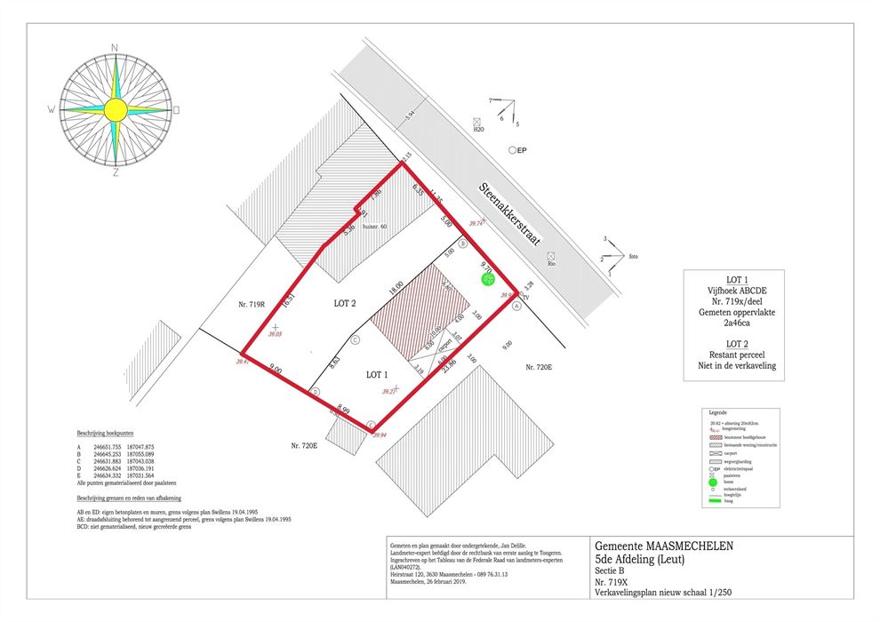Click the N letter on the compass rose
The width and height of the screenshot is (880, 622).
tap(115, 47)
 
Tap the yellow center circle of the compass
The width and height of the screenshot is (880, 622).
tap(115, 109)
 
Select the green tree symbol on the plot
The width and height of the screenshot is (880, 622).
tap(487, 279)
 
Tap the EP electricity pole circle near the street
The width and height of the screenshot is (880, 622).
tap(512, 151)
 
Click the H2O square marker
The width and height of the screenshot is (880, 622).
tap(477, 121)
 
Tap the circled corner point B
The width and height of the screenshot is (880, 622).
tap(462, 243)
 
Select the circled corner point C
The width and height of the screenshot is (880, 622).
tap(355, 339)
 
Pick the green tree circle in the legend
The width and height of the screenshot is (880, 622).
tap(712, 482)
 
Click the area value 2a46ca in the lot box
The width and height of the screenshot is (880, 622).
tap(734, 323)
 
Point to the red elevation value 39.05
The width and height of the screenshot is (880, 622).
tap(276, 335)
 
